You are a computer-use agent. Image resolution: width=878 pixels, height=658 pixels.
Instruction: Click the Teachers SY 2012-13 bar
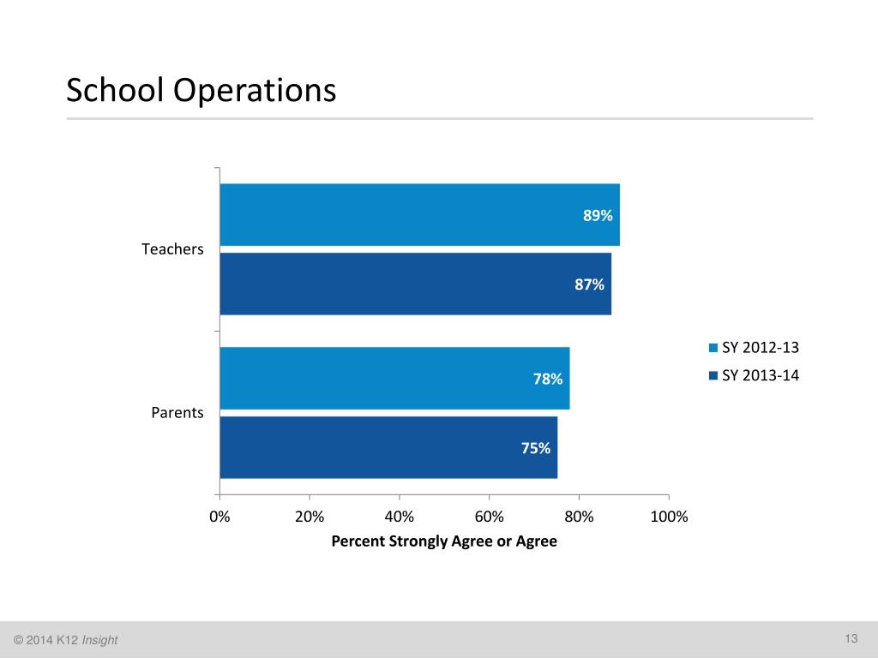pos(419,215)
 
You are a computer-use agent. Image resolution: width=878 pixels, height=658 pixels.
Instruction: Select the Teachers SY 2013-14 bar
pos(415,284)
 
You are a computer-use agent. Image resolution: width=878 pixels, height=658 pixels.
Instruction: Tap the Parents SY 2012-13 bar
pos(394,378)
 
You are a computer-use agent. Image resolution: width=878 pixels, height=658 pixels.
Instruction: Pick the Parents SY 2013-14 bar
pos(388,447)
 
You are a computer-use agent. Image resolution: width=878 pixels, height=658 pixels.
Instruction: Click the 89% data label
pos(598,216)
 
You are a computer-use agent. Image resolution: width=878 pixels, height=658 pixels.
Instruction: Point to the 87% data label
pos(590,284)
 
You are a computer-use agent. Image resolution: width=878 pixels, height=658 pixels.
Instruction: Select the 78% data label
pos(548,379)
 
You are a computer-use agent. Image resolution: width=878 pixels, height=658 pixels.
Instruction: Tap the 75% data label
pos(536,447)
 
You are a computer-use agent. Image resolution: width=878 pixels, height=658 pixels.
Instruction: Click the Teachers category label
pos(172,250)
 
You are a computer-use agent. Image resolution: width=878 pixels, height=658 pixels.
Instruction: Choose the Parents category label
pos(177,413)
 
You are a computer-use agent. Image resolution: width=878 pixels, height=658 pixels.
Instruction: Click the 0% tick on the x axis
pos(220,517)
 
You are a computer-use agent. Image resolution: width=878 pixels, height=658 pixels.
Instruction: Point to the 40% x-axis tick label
pos(400,517)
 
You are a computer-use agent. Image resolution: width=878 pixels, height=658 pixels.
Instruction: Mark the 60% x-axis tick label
pos(490,517)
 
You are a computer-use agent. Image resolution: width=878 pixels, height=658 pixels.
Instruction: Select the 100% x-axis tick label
pos(670,517)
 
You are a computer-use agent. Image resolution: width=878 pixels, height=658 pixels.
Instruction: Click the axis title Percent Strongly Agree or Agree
pos(444,541)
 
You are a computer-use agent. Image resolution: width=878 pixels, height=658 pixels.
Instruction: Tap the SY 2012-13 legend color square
pos(713,348)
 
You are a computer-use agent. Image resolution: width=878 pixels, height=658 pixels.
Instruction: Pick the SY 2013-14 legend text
pos(761,374)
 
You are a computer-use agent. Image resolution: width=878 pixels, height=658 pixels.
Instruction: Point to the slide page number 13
pos(851,638)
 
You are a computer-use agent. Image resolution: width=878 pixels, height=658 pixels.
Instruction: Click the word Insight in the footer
pos(100,640)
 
